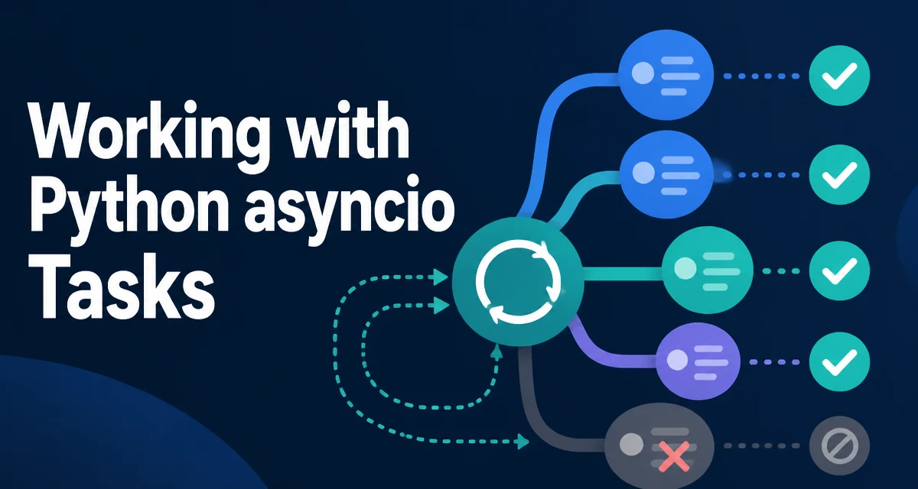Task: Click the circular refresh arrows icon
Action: click(x=518, y=281)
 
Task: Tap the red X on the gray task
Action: click(x=674, y=457)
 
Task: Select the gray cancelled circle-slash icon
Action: click(x=839, y=445)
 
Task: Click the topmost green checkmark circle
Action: click(x=839, y=76)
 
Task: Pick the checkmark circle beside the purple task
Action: click(x=839, y=361)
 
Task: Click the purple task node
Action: click(x=698, y=361)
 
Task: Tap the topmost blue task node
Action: click(x=666, y=75)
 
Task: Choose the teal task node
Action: click(x=708, y=270)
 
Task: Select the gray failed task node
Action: click(x=659, y=446)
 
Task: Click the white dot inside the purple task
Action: click(x=678, y=360)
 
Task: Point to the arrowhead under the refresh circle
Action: click(x=497, y=352)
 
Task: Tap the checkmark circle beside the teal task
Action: click(x=839, y=271)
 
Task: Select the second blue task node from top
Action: click(x=667, y=175)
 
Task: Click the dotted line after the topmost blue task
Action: click(x=761, y=76)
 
